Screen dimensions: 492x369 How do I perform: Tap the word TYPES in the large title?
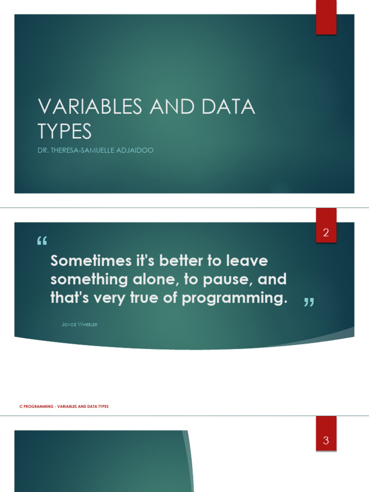(x=65, y=131)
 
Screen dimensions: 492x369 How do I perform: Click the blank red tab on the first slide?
(x=326, y=17)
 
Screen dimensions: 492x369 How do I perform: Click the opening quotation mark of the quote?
(x=42, y=242)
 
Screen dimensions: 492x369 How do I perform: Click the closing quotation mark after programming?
(x=309, y=302)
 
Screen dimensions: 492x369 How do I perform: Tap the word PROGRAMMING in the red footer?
(x=39, y=406)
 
